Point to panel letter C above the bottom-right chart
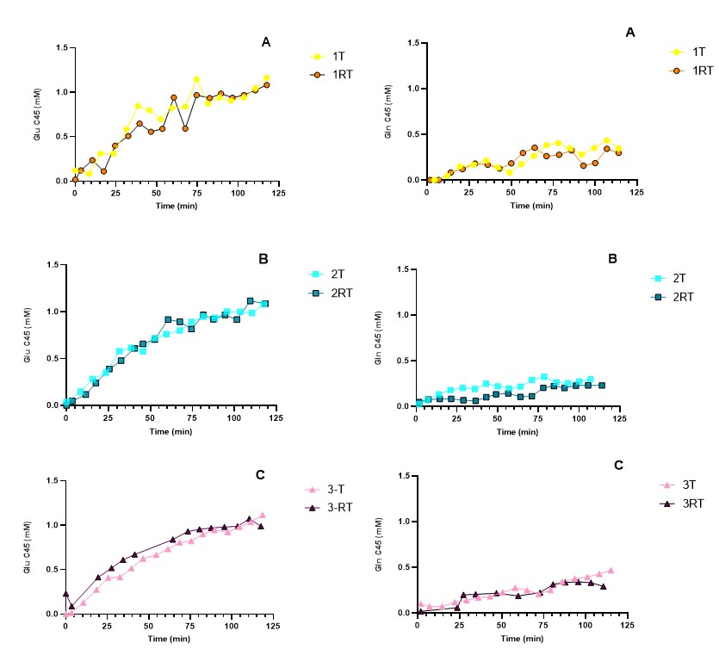(618, 465)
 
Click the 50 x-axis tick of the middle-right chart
(499, 418)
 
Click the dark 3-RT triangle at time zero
(65, 594)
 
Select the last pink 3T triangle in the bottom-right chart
(611, 571)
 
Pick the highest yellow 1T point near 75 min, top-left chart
(196, 79)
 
